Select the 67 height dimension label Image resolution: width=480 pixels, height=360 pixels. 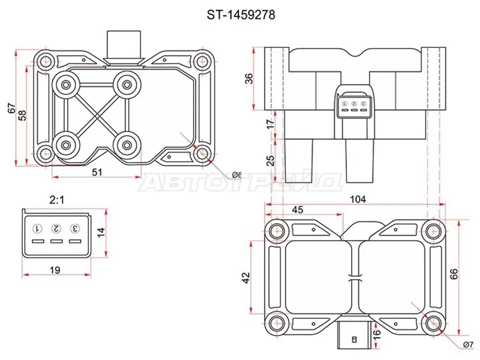pyautogui.click(x=11, y=108)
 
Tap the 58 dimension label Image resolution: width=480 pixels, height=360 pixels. pyautogui.click(x=22, y=115)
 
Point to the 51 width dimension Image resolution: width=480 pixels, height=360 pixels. pyautogui.click(x=97, y=172)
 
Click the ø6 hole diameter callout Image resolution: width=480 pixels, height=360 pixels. pyautogui.click(x=236, y=175)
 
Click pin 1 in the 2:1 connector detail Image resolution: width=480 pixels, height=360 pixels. pyautogui.click(x=37, y=229)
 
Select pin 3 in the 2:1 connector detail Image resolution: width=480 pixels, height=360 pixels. pyautogui.click(x=75, y=229)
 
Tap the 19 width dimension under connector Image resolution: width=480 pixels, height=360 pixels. pyautogui.click(x=55, y=271)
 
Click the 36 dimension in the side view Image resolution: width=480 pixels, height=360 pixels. pyautogui.click(x=249, y=79)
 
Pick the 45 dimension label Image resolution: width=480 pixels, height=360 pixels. pyautogui.click(x=296, y=209)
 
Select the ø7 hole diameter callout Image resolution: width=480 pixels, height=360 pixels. pyautogui.click(x=468, y=344)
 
